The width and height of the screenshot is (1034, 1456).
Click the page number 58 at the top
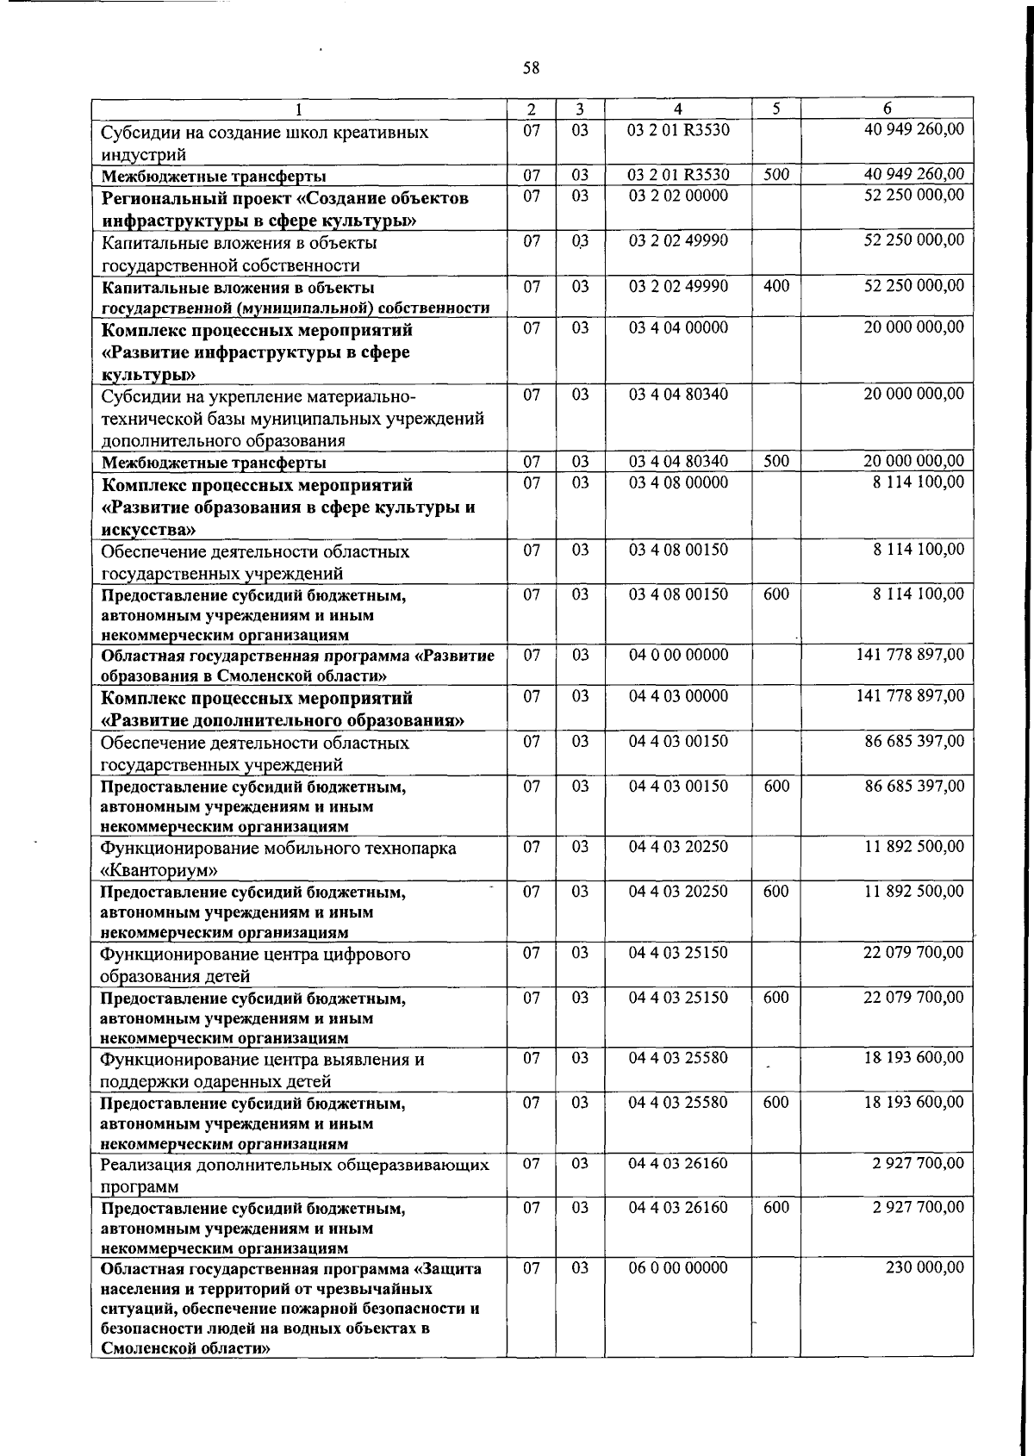[x=532, y=68]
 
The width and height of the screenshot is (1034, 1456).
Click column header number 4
[x=678, y=109]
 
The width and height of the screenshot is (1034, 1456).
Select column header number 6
[x=887, y=109]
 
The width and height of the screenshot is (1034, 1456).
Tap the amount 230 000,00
[x=925, y=1268]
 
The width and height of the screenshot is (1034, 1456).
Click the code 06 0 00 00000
[x=678, y=1268]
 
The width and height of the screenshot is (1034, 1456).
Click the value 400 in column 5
[x=776, y=286]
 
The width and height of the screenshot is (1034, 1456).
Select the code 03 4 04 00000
[x=678, y=328]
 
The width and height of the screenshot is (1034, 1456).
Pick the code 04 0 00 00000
[x=678, y=655]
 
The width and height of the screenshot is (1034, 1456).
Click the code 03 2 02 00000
[x=678, y=196]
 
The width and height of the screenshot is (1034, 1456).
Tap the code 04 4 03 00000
[x=678, y=696]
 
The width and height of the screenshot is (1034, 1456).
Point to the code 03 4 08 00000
[x=678, y=482]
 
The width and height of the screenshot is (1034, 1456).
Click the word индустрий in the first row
[x=143, y=155]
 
